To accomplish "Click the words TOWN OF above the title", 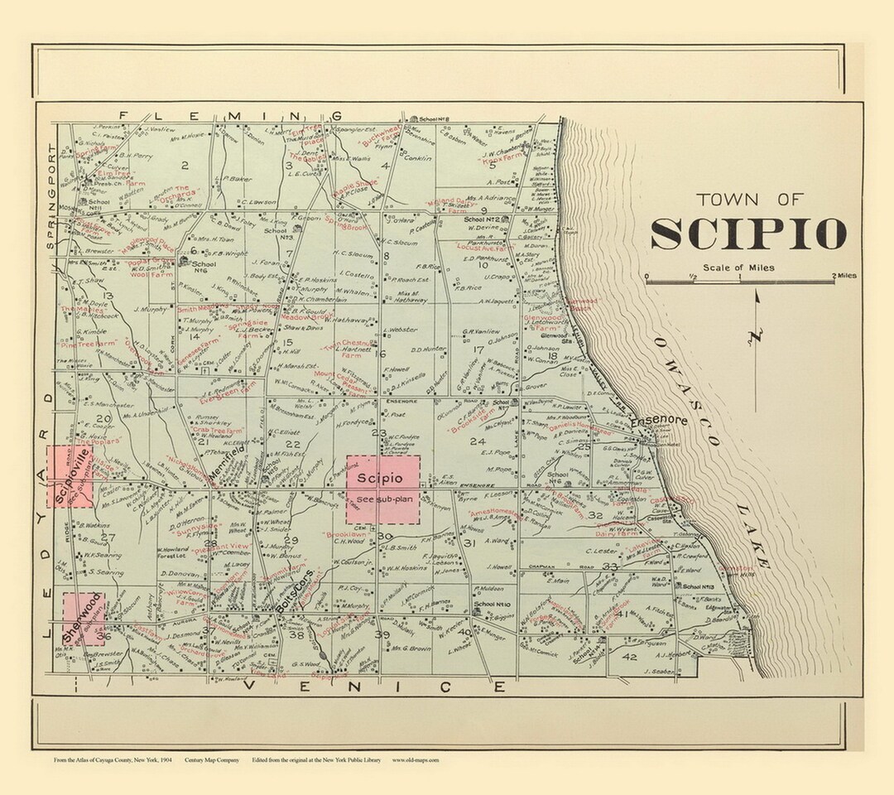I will coord(749,199).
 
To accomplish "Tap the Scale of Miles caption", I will coord(741,267).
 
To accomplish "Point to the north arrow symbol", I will coord(757,323).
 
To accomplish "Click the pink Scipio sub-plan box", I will coord(382,489).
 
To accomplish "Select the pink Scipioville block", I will coord(66,475).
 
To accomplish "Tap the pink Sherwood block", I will coord(84,619).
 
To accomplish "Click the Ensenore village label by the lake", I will coord(658,422).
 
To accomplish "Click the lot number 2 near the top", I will coord(185,165).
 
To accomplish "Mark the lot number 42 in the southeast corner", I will coord(629,657).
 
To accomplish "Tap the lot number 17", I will coord(478,349).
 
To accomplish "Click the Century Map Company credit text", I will coord(212,759).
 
